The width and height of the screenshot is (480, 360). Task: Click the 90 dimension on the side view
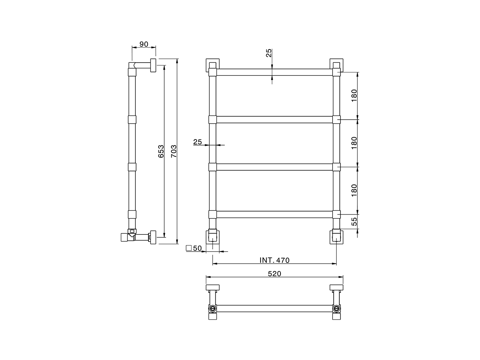(x=144, y=44)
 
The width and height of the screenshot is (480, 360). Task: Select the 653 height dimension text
(x=161, y=151)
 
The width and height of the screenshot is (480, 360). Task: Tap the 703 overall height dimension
(x=173, y=151)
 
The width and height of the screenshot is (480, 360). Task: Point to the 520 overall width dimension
(x=274, y=274)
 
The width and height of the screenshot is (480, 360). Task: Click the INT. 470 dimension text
(x=274, y=260)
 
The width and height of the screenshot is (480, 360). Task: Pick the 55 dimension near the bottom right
(x=354, y=221)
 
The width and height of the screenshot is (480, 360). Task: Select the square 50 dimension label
(x=194, y=248)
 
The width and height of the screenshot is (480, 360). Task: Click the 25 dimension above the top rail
(x=269, y=53)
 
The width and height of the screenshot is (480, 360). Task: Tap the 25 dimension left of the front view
(x=198, y=142)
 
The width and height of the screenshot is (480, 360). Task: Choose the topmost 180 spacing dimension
(x=354, y=96)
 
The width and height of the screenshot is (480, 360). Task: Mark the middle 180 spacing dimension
(x=354, y=142)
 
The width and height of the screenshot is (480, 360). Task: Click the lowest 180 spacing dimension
(x=354, y=190)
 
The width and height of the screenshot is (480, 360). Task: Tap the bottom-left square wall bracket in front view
(x=213, y=237)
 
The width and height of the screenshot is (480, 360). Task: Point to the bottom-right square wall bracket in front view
(x=336, y=237)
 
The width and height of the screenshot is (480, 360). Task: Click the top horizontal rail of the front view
(x=274, y=72)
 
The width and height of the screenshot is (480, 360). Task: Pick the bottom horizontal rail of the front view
(x=274, y=214)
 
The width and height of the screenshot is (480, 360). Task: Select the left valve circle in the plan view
(x=213, y=309)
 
